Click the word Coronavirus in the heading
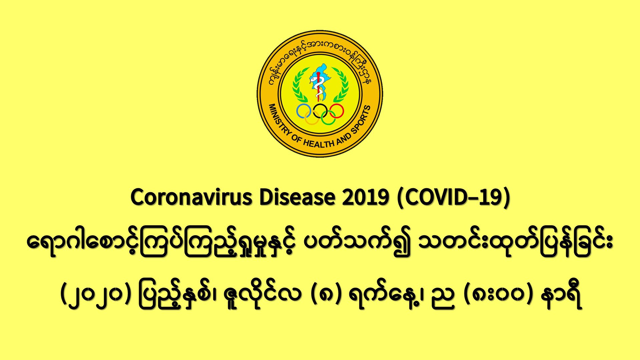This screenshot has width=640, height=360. [x=191, y=197]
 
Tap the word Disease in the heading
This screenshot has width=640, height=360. [x=297, y=197]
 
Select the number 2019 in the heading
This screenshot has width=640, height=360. [x=365, y=197]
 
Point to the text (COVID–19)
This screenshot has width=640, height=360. [x=453, y=198]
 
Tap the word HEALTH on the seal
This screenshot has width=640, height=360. [x=318, y=143]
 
